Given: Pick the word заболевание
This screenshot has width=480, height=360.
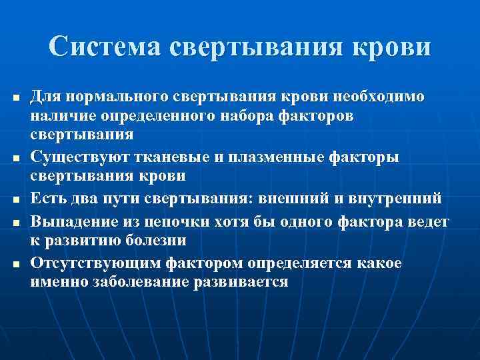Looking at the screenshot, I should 138,281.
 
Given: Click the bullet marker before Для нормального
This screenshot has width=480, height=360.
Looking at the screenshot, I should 15,99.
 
